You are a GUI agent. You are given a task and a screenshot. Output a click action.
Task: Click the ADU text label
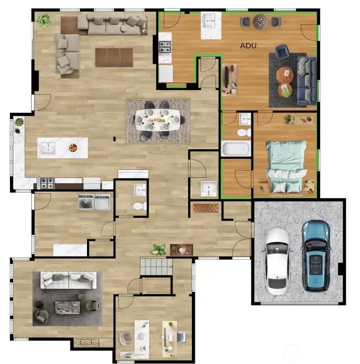click(248, 46)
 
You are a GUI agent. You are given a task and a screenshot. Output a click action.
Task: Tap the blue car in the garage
click(316, 255)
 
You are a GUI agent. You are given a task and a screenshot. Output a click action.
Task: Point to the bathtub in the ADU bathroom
click(236, 149)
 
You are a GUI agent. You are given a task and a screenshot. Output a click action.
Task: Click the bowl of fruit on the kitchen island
click(73, 148)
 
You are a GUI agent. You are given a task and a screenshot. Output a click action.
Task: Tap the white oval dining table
click(157, 120)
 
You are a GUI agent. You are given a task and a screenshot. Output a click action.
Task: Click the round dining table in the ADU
click(260, 21)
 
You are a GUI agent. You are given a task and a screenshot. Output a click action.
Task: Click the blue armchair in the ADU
click(282, 52)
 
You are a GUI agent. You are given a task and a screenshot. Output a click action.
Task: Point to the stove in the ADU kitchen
click(165, 48)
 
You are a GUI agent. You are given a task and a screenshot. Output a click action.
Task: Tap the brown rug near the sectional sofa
click(114, 57)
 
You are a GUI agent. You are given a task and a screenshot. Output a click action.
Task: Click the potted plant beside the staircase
click(159, 249)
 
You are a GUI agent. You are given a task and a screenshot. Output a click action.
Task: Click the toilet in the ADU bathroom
click(243, 133)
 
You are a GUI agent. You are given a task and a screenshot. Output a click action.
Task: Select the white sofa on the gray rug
click(68, 281)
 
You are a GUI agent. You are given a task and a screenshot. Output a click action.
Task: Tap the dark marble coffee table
click(68, 307)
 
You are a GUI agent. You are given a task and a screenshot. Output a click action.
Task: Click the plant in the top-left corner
click(43, 20)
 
